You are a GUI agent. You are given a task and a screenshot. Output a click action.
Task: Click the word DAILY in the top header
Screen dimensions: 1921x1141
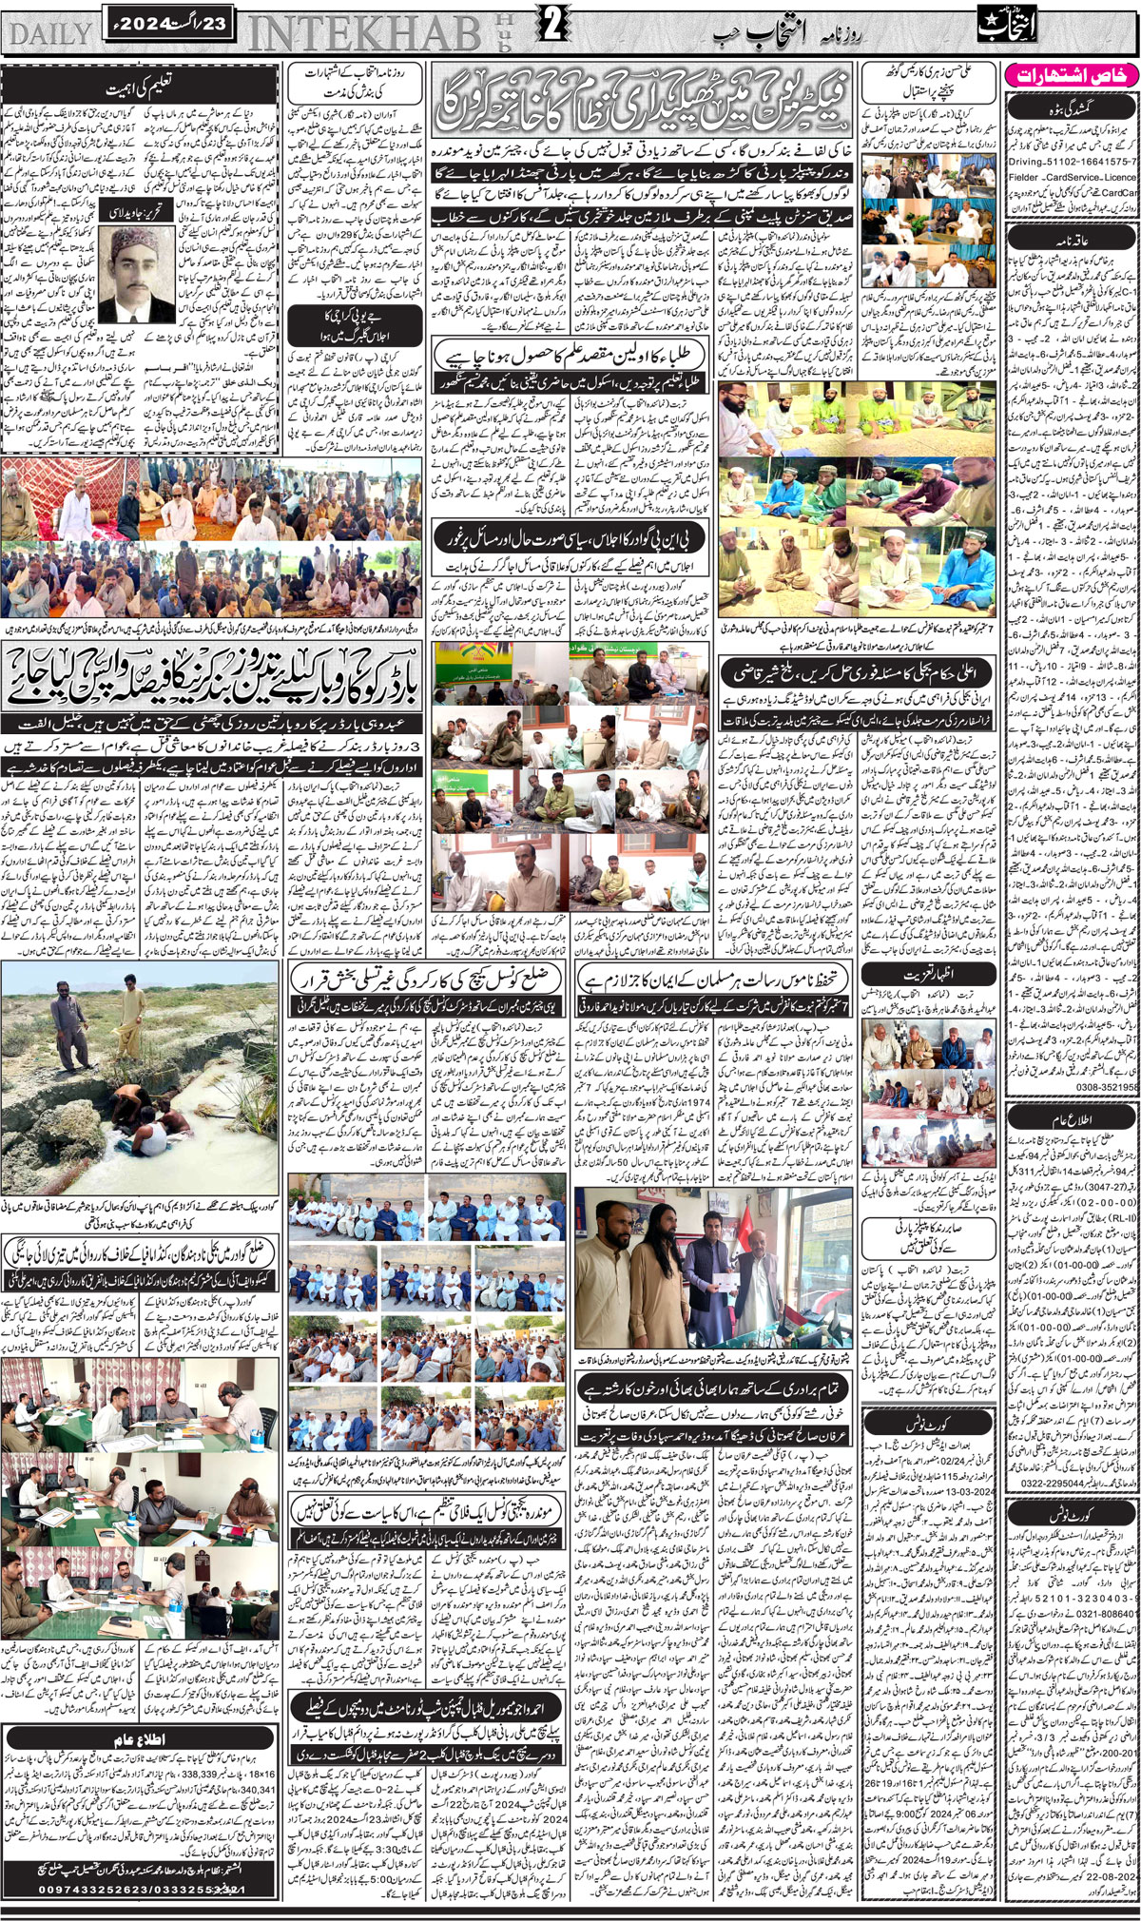click(x=48, y=32)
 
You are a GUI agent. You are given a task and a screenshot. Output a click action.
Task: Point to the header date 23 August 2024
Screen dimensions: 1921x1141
click(x=167, y=22)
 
